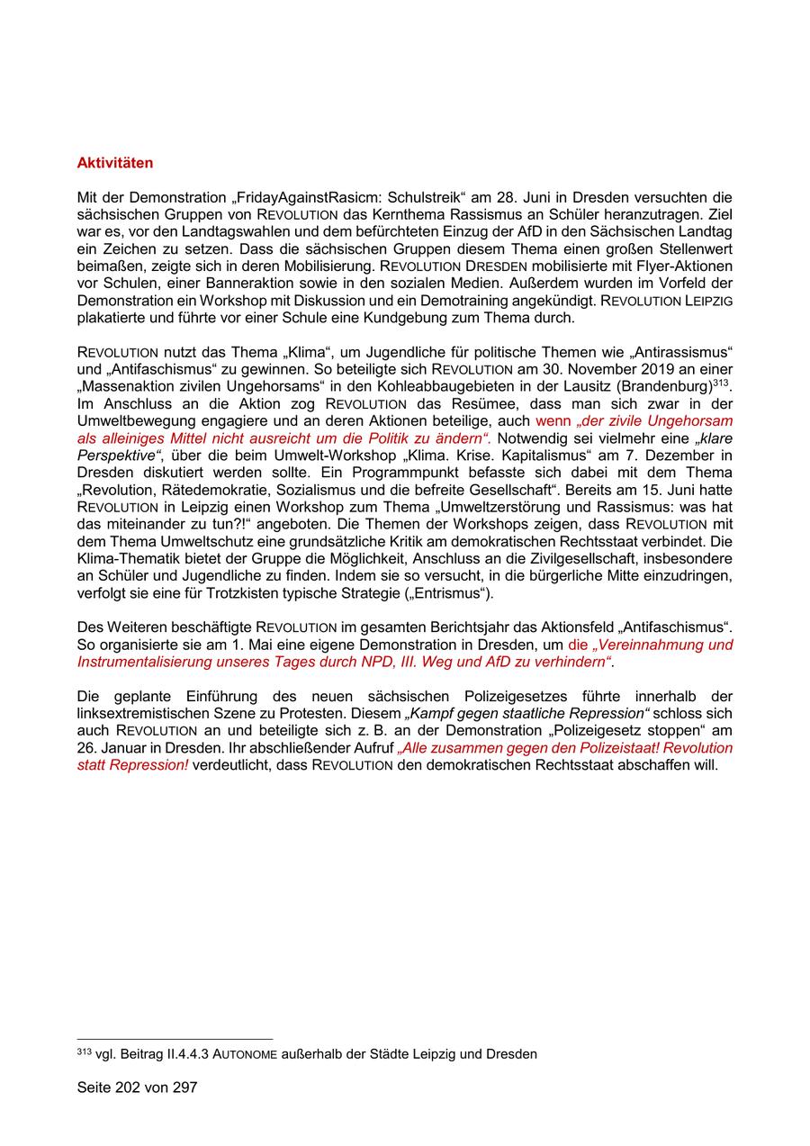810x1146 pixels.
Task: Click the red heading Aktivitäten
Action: click(115, 163)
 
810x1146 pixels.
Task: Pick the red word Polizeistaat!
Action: click(616, 748)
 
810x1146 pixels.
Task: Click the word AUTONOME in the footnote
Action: click(244, 1054)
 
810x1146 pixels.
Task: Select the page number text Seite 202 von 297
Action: click(137, 1087)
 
